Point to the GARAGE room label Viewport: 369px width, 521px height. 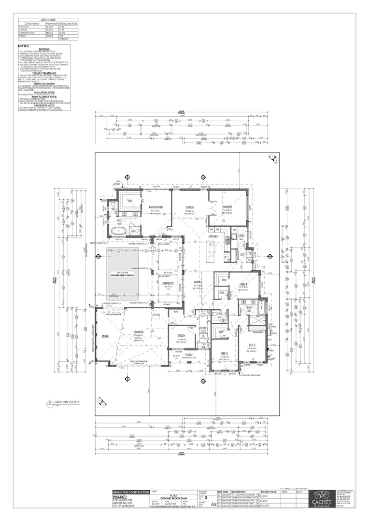tap(140, 332)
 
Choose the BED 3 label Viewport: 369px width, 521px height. tap(252, 345)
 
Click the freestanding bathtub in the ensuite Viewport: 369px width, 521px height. tap(118, 232)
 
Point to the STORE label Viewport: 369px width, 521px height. tap(105, 336)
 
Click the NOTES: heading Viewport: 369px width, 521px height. tap(24, 46)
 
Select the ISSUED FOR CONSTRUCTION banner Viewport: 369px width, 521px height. tap(130, 492)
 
